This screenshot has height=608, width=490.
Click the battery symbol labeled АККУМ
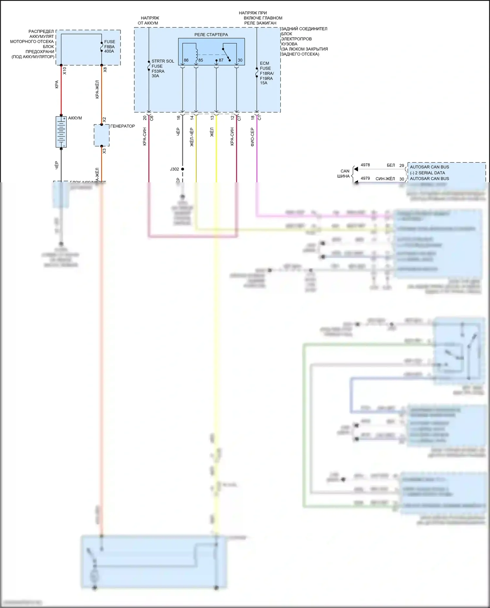61,132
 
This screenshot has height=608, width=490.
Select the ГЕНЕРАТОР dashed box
102,135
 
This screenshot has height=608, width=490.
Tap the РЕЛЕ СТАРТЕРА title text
211,35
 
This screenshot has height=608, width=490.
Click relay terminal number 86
186,60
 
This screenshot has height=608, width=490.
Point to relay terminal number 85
201,60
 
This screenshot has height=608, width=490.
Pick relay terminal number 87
221,60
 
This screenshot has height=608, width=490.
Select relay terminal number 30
240,60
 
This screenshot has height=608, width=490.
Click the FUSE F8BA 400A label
109,46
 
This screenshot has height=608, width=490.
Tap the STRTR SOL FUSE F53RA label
162,68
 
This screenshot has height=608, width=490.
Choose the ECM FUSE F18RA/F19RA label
266,73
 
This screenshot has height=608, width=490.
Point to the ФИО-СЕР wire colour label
253,137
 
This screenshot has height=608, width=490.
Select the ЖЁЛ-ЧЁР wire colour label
192,137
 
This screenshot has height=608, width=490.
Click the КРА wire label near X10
57,84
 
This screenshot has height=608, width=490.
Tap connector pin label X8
105,70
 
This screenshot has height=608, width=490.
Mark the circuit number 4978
365,165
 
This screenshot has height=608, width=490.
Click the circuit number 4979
365,178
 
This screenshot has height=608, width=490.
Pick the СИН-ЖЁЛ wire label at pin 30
385,179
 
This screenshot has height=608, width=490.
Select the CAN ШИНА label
344,173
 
